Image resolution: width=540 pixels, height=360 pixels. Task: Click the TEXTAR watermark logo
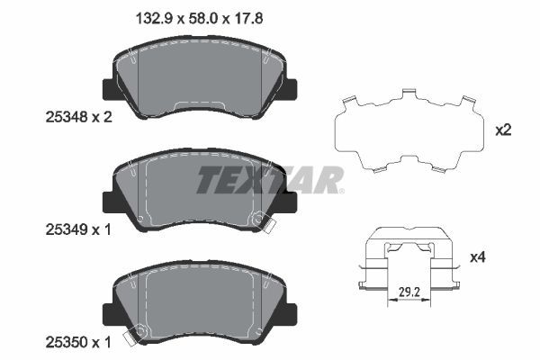[270, 179]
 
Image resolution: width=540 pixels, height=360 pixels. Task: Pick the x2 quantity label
[504, 130]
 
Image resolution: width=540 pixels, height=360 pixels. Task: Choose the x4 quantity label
[504, 258]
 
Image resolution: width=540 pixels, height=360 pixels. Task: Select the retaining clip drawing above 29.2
[409, 261]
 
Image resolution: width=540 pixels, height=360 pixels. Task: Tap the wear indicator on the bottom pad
[139, 337]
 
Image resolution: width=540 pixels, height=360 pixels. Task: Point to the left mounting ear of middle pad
[108, 202]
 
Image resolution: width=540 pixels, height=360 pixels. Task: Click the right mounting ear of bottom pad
[292, 314]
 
